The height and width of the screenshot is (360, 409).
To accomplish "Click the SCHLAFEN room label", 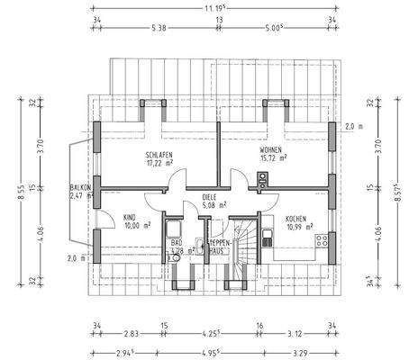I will tap(158, 156).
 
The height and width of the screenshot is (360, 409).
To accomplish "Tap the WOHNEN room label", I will tap(271, 149).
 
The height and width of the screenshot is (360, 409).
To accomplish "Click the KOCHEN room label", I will tap(297, 219).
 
